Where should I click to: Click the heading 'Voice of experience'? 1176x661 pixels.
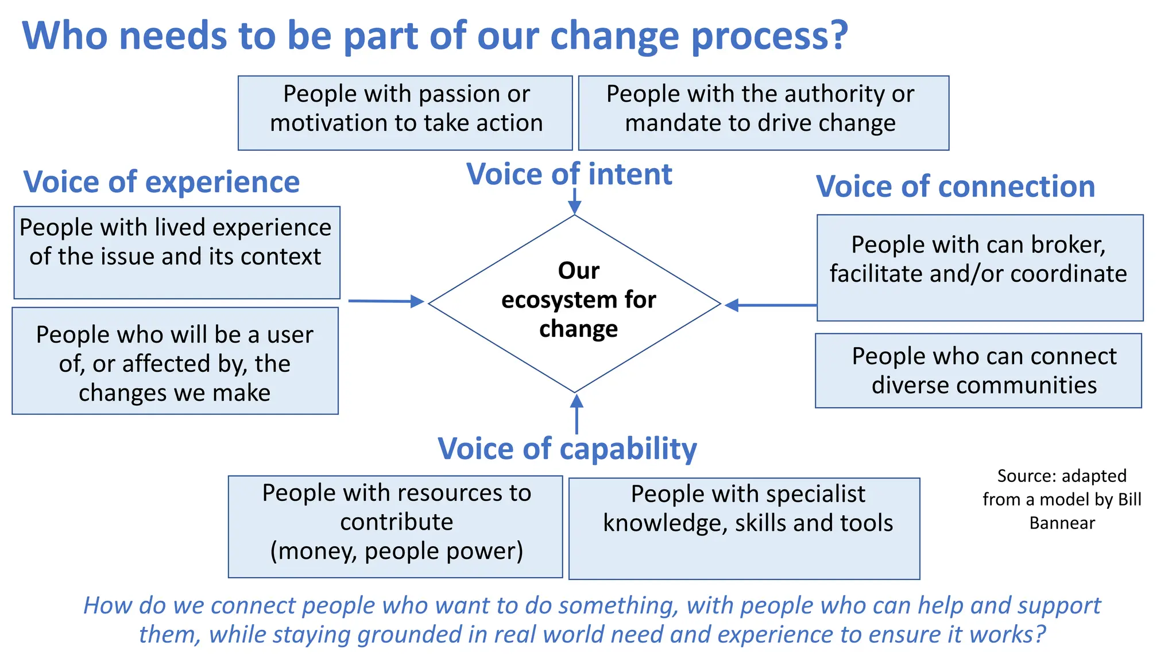point(161,182)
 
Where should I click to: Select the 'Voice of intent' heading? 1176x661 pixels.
point(569,174)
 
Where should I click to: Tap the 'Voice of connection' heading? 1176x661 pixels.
point(955,186)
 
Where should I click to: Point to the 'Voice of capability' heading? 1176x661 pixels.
point(567,448)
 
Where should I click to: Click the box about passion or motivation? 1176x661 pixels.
point(405,113)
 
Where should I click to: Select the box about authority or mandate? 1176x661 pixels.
point(763,113)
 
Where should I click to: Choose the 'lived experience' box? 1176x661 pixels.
point(177,252)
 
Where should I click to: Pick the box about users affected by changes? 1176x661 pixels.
point(175,361)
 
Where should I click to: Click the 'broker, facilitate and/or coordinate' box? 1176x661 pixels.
point(980,267)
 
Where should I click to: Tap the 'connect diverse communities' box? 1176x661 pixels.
point(978,371)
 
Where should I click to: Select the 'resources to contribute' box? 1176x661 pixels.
point(395,526)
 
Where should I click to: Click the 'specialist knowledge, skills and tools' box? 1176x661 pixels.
point(744,528)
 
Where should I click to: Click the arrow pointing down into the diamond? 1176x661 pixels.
point(574,204)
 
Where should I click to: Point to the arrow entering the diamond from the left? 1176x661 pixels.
point(386,301)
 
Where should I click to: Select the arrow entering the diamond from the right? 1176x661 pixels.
point(769,305)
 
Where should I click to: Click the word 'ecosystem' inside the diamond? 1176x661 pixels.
point(544,300)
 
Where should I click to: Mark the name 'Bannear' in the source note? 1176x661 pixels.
point(1062,523)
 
